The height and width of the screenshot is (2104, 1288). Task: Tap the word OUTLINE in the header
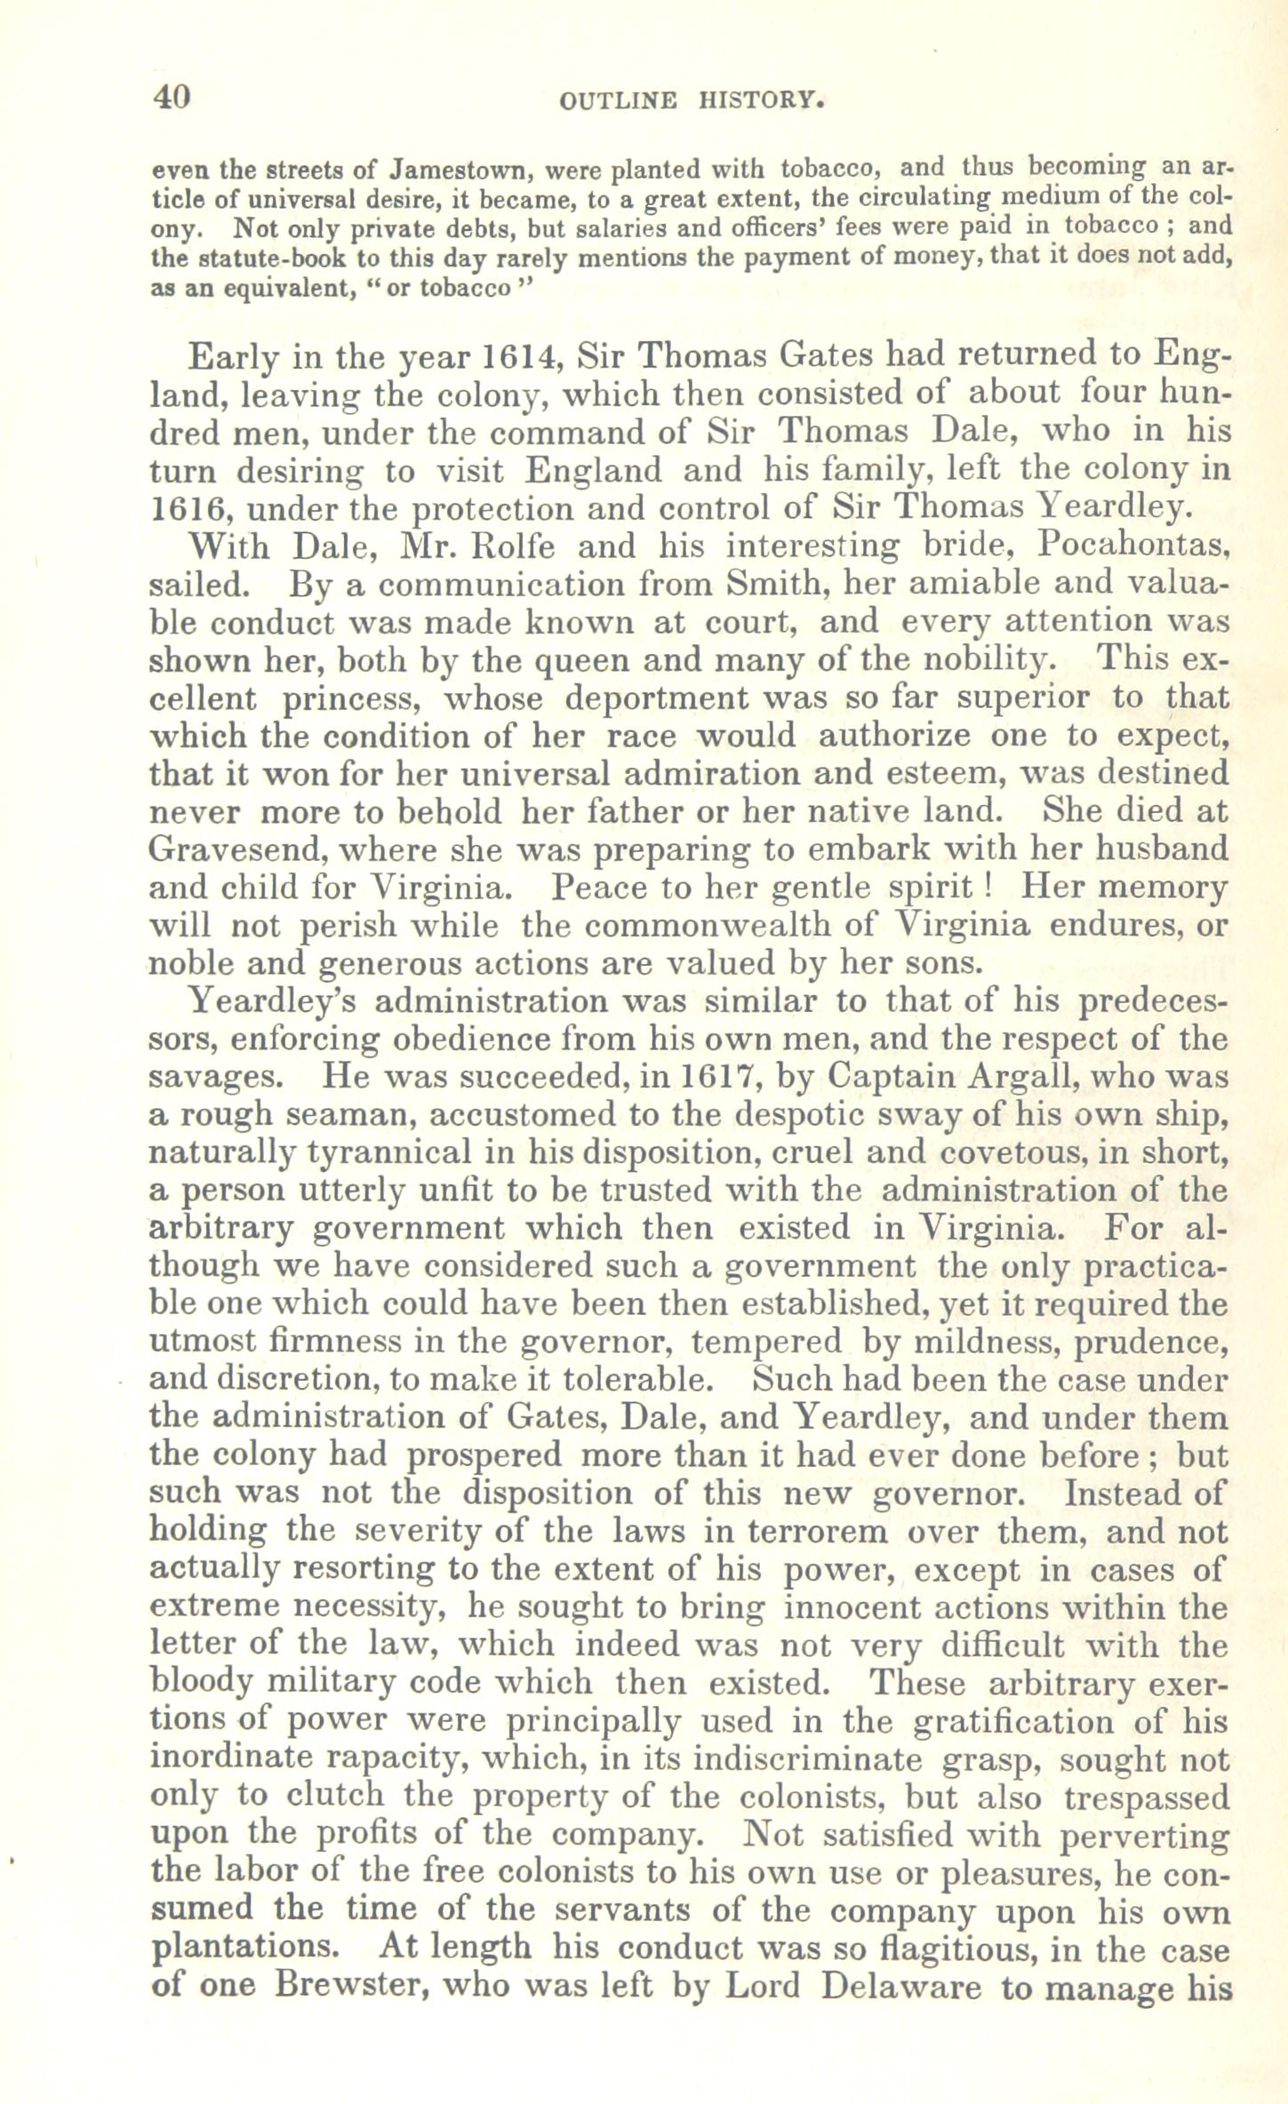[618, 102]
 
